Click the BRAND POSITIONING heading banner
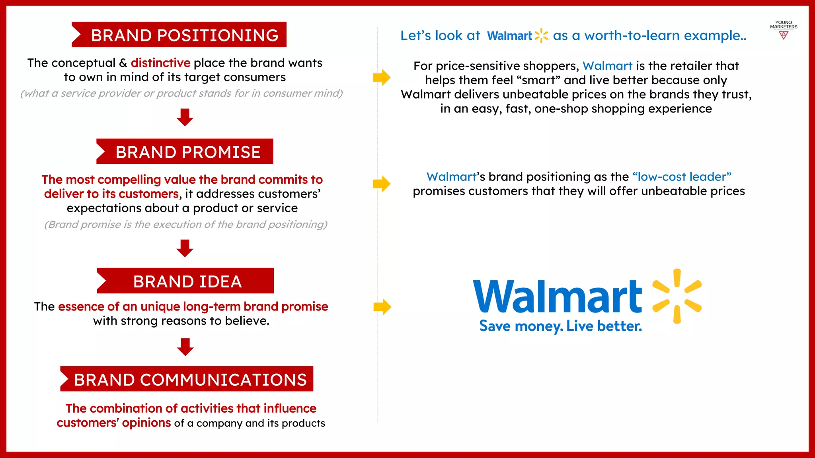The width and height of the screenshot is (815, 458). [x=179, y=35]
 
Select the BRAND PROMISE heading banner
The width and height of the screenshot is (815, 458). [x=185, y=151]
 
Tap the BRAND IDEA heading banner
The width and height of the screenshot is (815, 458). [x=185, y=281]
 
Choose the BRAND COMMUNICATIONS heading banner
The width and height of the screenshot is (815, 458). [x=187, y=379]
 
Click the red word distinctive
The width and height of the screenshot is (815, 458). [x=160, y=63]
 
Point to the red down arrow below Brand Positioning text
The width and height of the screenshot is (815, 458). [x=185, y=117]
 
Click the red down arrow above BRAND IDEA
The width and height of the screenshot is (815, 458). [x=185, y=248]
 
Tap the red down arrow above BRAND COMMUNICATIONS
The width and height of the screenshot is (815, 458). [x=185, y=347]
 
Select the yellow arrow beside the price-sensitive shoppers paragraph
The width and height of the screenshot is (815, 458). [x=381, y=78]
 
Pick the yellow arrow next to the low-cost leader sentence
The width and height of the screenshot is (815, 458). [x=381, y=184]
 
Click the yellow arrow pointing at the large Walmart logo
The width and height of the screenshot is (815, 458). [x=382, y=307]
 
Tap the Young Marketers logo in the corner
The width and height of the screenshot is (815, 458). [x=783, y=30]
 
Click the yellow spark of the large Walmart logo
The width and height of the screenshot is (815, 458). [x=677, y=296]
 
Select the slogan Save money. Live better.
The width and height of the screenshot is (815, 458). [x=560, y=326]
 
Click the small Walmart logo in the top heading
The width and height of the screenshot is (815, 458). [x=517, y=36]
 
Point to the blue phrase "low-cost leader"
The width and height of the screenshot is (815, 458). [x=682, y=177]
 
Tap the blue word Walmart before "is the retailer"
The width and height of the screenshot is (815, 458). [x=607, y=66]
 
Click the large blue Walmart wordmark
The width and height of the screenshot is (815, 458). [x=557, y=296]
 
